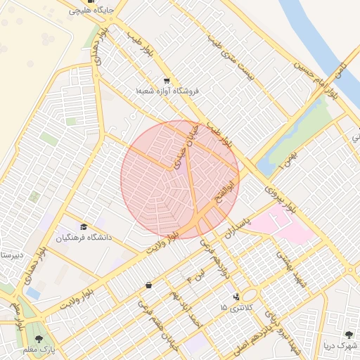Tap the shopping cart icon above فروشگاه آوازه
click(x=166, y=80)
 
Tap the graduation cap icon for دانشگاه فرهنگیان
click(x=84, y=227)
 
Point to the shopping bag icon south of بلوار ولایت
click(x=148, y=285)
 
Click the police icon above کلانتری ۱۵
click(x=235, y=297)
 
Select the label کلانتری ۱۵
click(x=233, y=308)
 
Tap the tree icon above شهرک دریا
click(x=349, y=335)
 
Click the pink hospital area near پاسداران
click(x=281, y=225)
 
